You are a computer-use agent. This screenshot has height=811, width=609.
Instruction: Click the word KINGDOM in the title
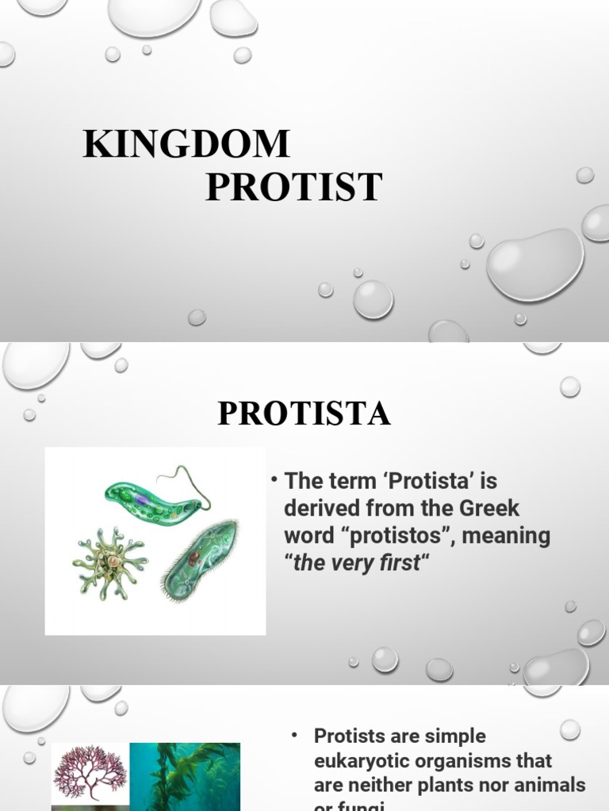pyautogui.click(x=186, y=145)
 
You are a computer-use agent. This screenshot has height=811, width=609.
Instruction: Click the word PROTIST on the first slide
pyautogui.click(x=294, y=188)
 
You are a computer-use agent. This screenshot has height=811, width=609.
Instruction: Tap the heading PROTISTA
pyautogui.click(x=304, y=414)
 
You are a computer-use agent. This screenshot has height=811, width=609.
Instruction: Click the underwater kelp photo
pyautogui.click(x=185, y=776)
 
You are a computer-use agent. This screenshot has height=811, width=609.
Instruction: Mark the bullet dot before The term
pyautogui.click(x=272, y=481)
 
